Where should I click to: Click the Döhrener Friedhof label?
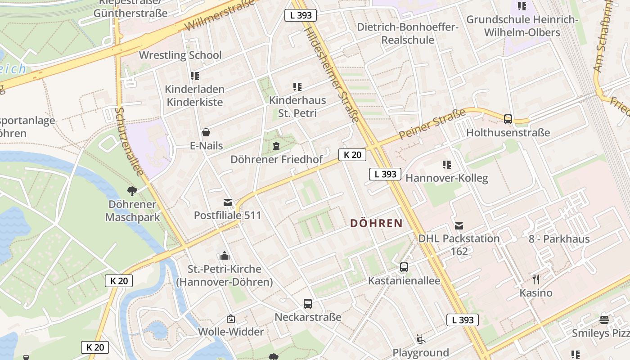(x=276, y=159)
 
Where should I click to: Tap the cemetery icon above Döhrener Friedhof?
(x=276, y=146)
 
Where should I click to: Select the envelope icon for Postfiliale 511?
(x=228, y=202)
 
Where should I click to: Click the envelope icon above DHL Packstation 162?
(x=459, y=226)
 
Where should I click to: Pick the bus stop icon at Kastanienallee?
(x=404, y=267)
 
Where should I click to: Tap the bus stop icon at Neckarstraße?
(x=308, y=304)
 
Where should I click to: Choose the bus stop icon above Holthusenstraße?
(x=508, y=119)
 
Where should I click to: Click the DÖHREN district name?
(x=376, y=223)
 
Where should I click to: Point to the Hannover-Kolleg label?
(x=446, y=178)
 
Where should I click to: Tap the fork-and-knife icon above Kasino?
(x=535, y=279)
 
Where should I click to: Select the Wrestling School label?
(x=180, y=55)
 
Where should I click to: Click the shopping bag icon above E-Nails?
(x=206, y=132)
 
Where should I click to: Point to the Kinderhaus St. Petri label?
(x=297, y=107)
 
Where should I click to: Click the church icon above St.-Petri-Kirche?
(x=225, y=256)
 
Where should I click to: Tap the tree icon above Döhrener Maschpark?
(x=132, y=191)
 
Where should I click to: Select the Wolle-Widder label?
(x=231, y=332)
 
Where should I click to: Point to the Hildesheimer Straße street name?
(x=332, y=75)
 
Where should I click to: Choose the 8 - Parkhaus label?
(x=559, y=239)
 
